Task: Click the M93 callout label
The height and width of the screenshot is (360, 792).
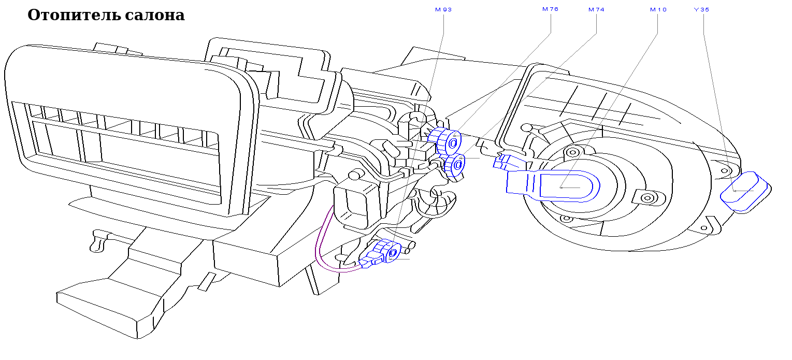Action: click(443, 9)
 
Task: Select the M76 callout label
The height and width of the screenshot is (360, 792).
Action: click(551, 9)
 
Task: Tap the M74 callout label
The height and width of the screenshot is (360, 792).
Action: click(597, 9)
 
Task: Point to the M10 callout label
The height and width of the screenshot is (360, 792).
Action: click(658, 9)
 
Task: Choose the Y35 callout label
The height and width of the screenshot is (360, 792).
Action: click(702, 9)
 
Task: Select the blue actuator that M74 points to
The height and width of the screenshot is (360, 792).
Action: click(455, 166)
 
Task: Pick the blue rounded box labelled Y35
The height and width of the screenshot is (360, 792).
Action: click(745, 192)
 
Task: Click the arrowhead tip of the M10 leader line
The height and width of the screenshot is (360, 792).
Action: click(561, 188)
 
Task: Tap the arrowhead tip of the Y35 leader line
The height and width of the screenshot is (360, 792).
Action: click(734, 191)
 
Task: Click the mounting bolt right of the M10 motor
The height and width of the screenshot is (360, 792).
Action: click(647, 198)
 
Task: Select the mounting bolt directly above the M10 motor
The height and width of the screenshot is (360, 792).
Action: click(573, 153)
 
